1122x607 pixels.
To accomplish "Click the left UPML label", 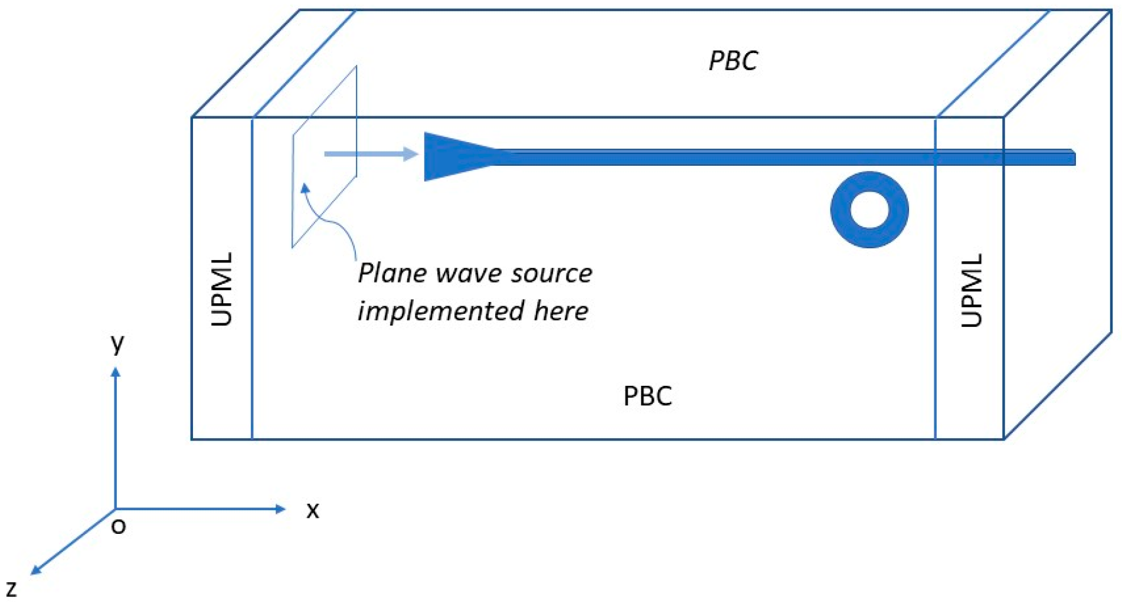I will pos(222,289).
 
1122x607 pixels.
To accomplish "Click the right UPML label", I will pos(971,290).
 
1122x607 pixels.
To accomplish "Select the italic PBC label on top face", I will pos(733,61).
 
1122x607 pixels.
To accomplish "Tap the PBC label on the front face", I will pos(647,396).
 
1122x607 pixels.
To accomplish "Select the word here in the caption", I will pos(561,311).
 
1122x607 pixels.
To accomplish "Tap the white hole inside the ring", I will pos(869,210).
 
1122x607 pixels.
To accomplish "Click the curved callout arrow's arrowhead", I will pos(305,188).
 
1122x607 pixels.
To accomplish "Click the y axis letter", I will pos(117,343).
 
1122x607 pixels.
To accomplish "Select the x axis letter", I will pos(312,510).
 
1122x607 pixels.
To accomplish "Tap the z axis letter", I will pos(11,589).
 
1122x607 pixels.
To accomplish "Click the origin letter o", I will pos(119,526).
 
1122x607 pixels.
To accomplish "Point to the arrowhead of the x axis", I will pos(281,508).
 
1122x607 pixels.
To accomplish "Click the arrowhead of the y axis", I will pos(116,372).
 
